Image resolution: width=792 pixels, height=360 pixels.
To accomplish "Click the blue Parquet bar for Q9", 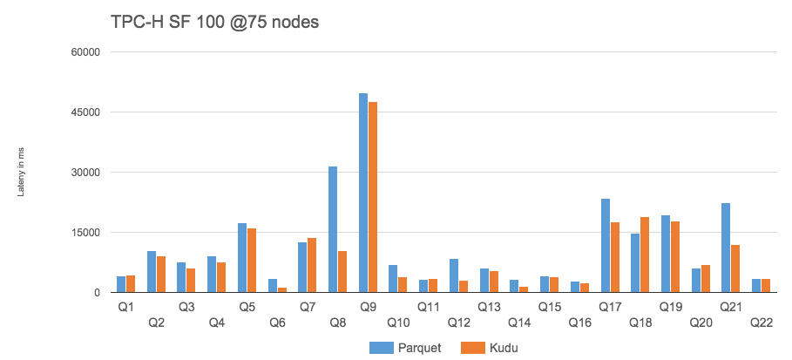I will (363, 193).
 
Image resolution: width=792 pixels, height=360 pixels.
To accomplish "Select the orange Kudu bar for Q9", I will (373, 197).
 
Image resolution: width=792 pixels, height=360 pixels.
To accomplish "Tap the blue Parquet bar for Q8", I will (333, 229).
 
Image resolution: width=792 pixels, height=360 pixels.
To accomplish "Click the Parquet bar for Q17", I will (606, 245).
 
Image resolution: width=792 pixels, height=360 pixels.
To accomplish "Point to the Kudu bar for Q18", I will (646, 255).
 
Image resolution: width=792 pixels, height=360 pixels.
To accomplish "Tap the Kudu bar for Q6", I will (282, 289).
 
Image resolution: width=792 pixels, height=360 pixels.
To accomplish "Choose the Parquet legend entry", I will (405, 348).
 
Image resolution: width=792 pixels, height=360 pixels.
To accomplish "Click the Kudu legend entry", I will (492, 348).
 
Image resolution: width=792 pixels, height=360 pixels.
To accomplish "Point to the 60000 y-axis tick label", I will (85, 52).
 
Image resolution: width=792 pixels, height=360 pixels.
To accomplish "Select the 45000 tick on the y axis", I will (85, 112).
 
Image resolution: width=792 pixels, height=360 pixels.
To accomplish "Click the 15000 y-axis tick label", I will (85, 233).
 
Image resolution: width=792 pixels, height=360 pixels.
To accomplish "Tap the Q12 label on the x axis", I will (458, 323).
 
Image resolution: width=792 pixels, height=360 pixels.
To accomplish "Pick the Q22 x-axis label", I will (761, 323).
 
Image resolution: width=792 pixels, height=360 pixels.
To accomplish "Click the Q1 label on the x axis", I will (126, 307).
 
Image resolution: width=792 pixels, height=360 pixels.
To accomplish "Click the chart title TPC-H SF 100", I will (214, 21).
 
